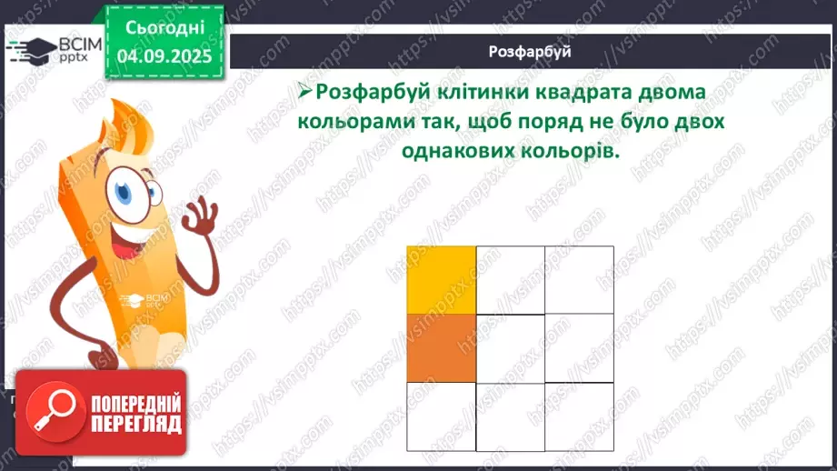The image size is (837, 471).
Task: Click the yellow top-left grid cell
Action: tap(441, 279)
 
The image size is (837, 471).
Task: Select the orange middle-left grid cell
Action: tap(441, 347)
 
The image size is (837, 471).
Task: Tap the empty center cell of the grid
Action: tap(510, 348)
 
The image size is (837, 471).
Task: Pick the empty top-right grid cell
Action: tap(579, 279)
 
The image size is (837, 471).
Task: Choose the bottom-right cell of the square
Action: tap(579, 416)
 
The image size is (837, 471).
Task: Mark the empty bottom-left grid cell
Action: tap(441, 416)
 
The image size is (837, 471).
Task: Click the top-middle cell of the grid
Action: tap(510, 279)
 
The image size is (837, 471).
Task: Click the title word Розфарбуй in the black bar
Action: tap(529, 51)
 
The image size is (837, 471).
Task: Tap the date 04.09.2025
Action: tap(164, 55)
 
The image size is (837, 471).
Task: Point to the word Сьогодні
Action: tap(164, 25)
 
